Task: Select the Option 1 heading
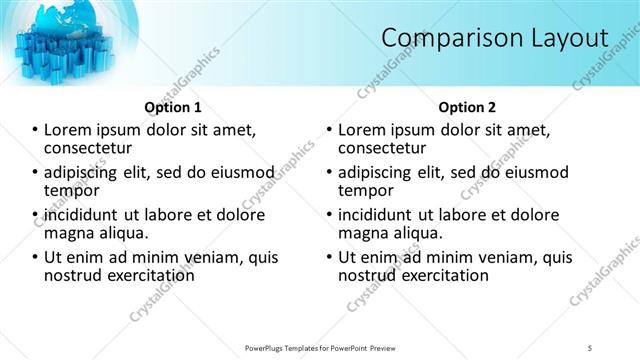pyautogui.click(x=172, y=107)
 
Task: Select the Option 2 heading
pyautogui.click(x=466, y=107)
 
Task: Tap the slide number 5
pyautogui.click(x=591, y=347)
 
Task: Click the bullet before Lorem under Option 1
pyautogui.click(x=36, y=130)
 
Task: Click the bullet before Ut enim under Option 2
pyautogui.click(x=330, y=257)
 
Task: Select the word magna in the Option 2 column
pyautogui.click(x=364, y=233)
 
